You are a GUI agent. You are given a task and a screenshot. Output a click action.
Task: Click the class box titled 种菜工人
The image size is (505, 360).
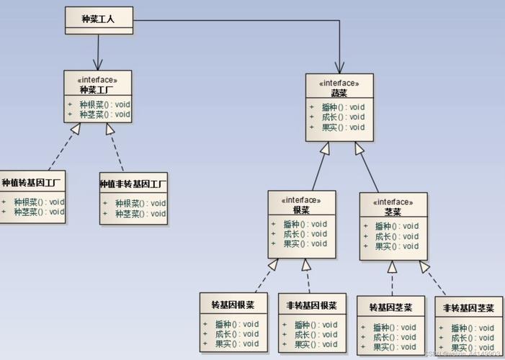(99, 19)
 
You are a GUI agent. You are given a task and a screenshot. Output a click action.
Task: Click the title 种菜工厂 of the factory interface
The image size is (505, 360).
(98, 89)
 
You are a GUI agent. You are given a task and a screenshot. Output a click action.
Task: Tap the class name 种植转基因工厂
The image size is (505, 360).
(33, 183)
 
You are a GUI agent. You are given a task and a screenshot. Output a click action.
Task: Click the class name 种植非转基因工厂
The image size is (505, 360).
(133, 184)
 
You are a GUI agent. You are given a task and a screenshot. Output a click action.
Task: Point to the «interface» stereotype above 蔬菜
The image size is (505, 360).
(339, 83)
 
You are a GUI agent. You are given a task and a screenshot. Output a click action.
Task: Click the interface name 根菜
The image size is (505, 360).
(301, 210)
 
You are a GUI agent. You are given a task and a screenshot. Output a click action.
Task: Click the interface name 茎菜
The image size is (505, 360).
(393, 212)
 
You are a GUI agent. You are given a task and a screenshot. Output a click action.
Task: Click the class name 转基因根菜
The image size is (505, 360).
(233, 305)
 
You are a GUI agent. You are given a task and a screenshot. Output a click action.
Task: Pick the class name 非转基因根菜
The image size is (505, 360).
(311, 305)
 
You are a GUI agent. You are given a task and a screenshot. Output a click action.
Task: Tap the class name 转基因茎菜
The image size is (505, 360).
(390, 308)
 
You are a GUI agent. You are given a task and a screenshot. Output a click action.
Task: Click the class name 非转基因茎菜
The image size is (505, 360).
(468, 308)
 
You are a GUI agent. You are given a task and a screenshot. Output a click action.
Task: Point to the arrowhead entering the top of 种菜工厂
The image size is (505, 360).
(98, 66)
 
